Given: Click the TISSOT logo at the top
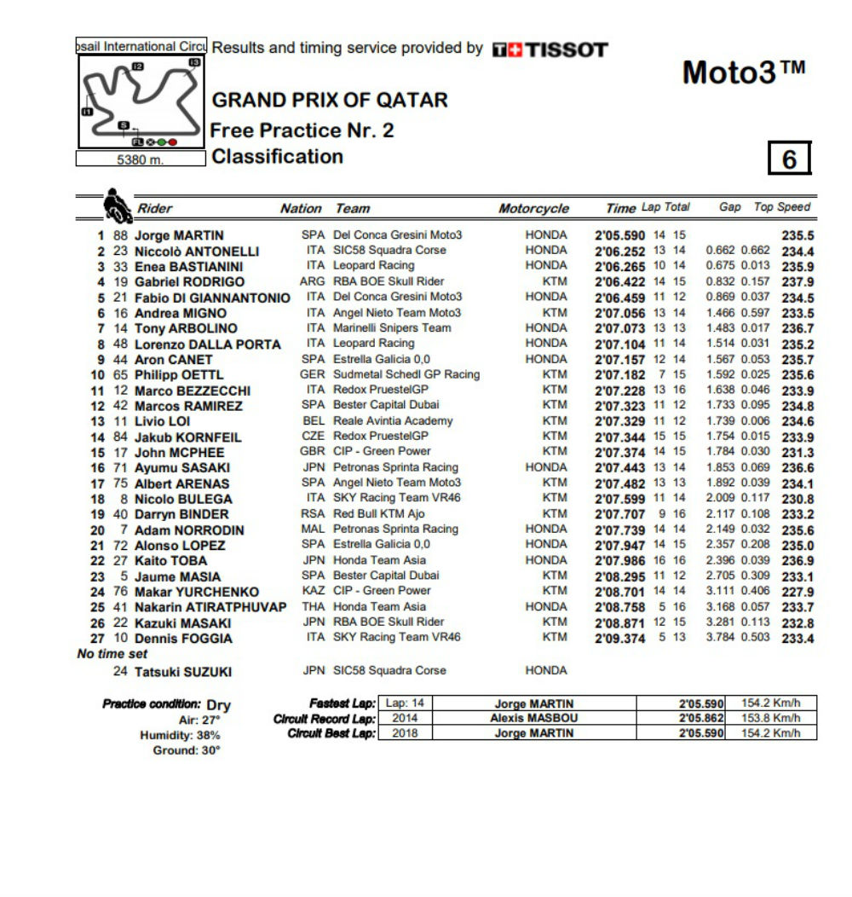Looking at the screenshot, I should [550, 49].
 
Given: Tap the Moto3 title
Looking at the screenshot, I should [743, 73].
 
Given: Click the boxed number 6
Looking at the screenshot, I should [789, 159].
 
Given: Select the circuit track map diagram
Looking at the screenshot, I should [141, 102].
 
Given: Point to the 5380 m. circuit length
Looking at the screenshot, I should [141, 159].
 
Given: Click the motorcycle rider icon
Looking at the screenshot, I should [116, 205].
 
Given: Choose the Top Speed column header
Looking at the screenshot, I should [782, 207].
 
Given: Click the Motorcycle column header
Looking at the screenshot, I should [533, 208].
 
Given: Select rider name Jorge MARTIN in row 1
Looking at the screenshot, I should [180, 235].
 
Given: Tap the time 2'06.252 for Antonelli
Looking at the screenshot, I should [619, 252].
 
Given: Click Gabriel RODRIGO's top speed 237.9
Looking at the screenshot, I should [797, 282].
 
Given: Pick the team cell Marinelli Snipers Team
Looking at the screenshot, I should [392, 327].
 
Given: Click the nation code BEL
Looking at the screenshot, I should [314, 420].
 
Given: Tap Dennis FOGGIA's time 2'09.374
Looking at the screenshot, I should [619, 639].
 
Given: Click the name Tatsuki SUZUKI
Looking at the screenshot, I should [183, 672].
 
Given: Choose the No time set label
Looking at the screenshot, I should [112, 654].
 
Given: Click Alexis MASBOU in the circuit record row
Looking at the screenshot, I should [533, 718].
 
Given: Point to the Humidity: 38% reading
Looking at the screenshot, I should [180, 735].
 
